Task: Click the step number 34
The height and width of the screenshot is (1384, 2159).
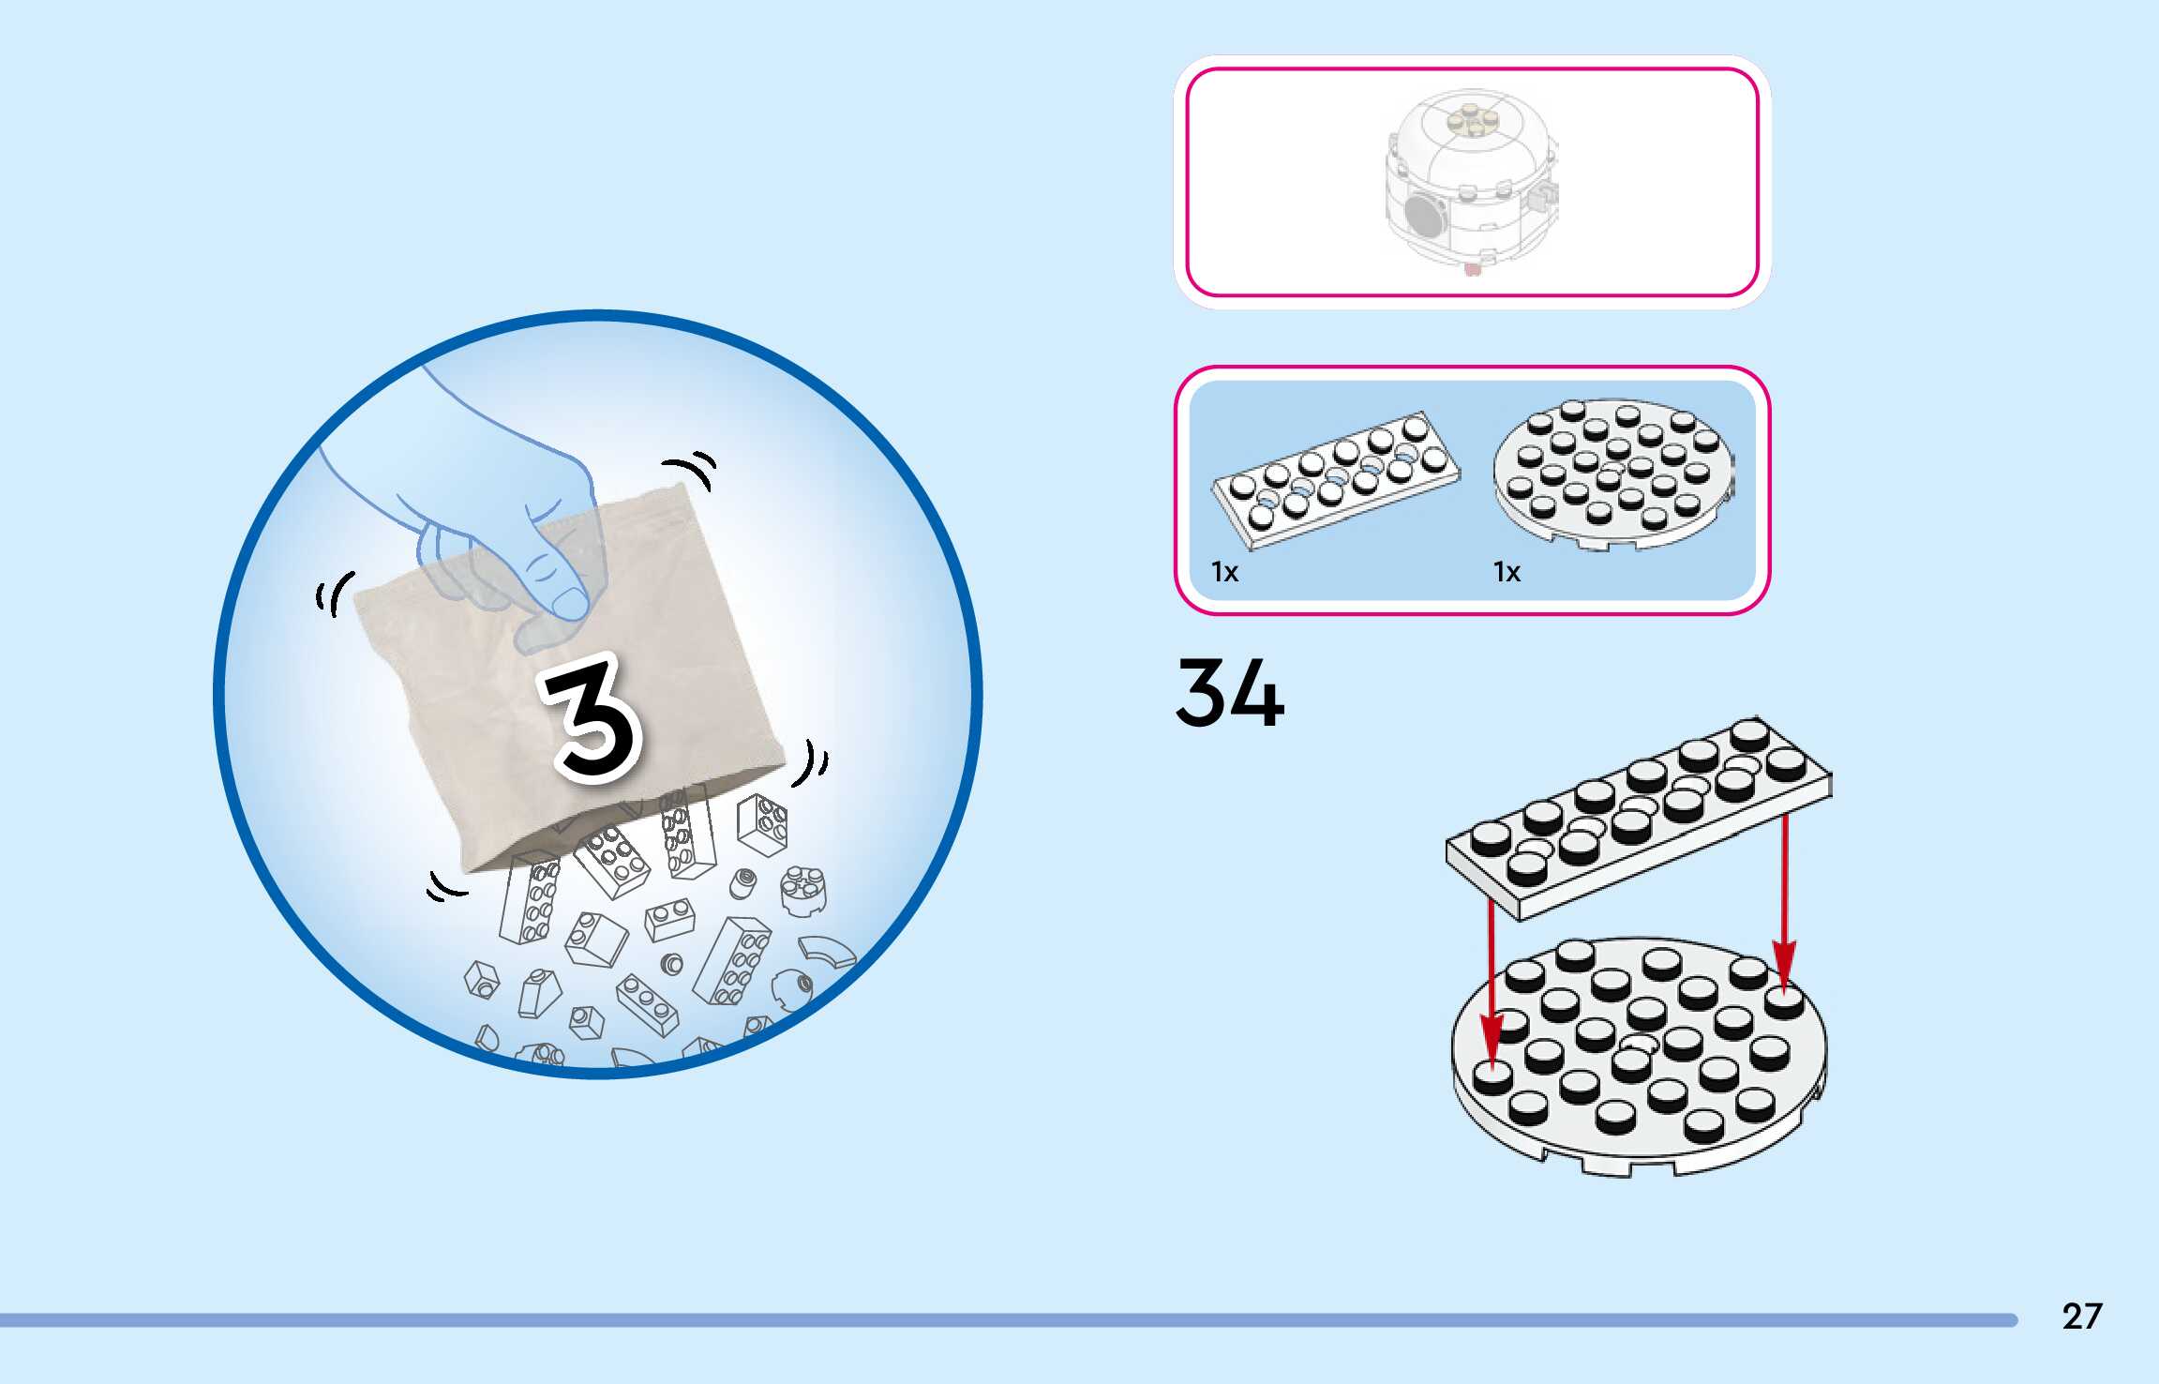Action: tap(1229, 693)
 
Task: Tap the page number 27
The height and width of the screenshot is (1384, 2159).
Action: tap(2081, 1316)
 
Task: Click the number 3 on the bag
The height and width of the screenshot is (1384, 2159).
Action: tap(592, 717)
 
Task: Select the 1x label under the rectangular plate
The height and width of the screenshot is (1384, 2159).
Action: tap(1224, 572)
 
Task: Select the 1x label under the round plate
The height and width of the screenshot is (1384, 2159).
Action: tap(1507, 572)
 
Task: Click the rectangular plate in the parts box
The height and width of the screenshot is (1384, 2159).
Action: tap(1336, 478)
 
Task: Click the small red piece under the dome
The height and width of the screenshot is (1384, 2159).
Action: tap(1472, 270)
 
